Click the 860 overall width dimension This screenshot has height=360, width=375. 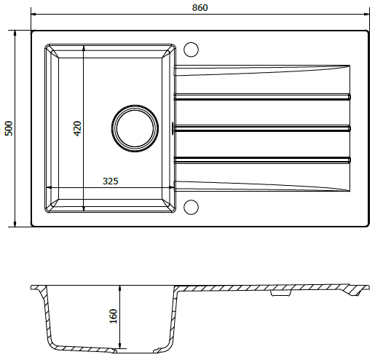point(200,8)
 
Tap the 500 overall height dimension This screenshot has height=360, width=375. point(9,128)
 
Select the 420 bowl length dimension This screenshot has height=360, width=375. point(77,128)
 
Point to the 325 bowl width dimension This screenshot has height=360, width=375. point(111,181)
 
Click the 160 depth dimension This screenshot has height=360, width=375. point(114,316)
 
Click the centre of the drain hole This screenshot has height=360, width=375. point(135,128)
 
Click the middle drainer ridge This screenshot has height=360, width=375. point(261,128)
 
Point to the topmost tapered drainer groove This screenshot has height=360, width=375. point(261,70)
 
